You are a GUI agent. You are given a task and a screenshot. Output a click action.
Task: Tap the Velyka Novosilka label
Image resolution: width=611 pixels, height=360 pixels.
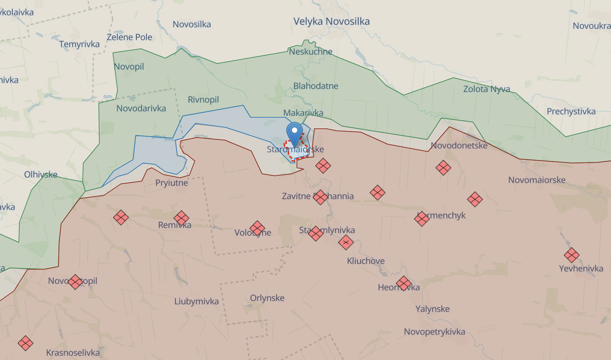click(x=332, y=22)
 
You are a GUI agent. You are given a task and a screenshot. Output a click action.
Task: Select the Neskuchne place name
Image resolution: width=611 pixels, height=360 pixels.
click(x=310, y=52)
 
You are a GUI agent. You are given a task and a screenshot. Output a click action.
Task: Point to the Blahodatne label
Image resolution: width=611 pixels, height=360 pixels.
click(x=316, y=86)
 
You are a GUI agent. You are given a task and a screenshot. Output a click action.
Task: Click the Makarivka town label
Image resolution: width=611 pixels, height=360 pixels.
click(x=303, y=113)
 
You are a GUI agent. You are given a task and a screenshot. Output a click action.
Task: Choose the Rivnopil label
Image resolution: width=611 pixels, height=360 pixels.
click(x=203, y=100)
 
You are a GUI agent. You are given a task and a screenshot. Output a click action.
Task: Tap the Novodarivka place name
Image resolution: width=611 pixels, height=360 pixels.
click(x=141, y=109)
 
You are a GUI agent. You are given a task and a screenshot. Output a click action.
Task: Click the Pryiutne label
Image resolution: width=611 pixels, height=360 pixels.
click(x=172, y=183)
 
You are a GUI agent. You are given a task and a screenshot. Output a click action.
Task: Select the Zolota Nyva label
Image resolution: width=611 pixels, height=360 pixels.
click(x=487, y=89)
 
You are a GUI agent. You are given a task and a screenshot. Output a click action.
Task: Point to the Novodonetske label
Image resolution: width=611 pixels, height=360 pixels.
click(x=459, y=146)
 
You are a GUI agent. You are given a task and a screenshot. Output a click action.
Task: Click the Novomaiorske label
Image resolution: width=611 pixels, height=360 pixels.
click(x=537, y=180)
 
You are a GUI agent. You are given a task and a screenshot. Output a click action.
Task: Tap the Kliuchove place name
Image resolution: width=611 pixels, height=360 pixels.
click(x=366, y=261)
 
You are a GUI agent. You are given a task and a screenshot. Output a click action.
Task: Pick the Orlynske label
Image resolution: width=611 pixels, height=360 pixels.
click(x=267, y=298)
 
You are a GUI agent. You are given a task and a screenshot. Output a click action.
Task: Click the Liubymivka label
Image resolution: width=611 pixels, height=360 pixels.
click(x=197, y=302)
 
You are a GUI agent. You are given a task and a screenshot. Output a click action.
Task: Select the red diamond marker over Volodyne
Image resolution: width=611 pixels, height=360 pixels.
click(x=257, y=228)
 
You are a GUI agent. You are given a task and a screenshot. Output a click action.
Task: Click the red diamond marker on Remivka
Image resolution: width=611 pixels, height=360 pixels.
click(x=181, y=218)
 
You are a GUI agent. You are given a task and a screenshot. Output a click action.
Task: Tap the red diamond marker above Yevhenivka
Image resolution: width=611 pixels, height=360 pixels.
click(x=571, y=255)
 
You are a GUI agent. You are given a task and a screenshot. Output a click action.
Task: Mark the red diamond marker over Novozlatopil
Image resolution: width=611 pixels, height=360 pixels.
click(x=75, y=282)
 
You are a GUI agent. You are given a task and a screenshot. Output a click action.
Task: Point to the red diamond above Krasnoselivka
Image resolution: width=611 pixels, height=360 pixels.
click(x=26, y=343)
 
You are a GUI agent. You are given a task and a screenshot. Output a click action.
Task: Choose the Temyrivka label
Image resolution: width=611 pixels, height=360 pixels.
click(x=79, y=44)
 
